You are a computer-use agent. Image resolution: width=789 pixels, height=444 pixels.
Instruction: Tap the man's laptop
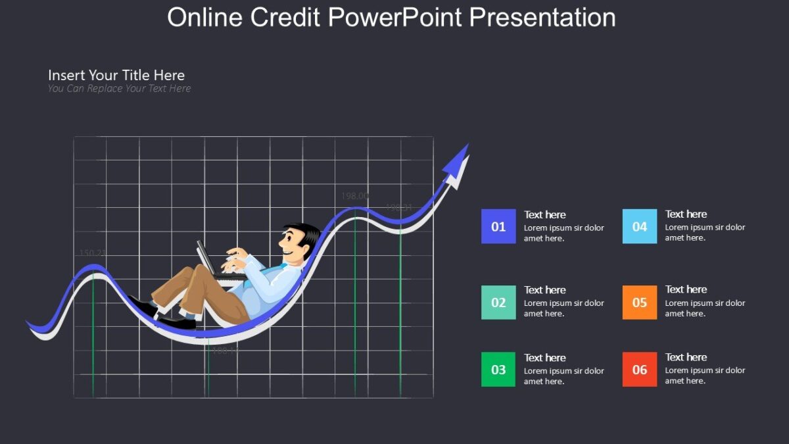click(x=205, y=258)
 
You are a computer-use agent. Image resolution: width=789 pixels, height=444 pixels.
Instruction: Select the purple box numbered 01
click(x=498, y=226)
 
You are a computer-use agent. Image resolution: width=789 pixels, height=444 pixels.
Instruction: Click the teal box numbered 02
click(x=498, y=303)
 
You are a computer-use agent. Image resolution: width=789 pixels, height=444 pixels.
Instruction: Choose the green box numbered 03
click(x=498, y=370)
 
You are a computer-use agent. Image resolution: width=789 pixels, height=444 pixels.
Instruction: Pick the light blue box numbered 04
click(x=639, y=226)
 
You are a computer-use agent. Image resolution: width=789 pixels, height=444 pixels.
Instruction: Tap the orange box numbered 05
click(x=639, y=303)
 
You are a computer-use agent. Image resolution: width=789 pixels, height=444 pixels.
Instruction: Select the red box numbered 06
click(x=639, y=370)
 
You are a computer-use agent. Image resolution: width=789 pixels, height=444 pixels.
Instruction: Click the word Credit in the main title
click(x=285, y=18)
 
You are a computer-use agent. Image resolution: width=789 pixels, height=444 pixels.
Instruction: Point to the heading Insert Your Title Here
click(x=116, y=75)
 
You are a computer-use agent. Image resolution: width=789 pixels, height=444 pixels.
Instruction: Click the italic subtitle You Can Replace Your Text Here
click(x=119, y=88)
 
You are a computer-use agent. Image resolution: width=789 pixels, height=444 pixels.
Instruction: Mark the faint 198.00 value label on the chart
click(x=354, y=196)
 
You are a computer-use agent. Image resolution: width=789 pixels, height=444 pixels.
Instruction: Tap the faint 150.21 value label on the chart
click(x=93, y=253)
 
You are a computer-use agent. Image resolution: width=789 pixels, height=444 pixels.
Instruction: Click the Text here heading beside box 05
click(x=686, y=289)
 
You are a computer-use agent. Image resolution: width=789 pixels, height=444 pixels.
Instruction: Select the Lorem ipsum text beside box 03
click(x=563, y=376)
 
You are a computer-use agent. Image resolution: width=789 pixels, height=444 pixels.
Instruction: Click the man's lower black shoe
click(x=178, y=323)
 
